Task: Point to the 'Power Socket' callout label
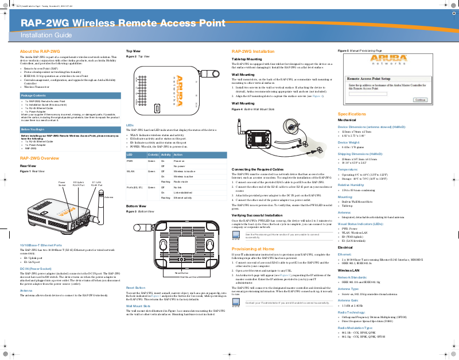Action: [62, 185]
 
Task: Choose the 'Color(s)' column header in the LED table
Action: [153, 155]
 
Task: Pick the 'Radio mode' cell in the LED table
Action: [182, 181]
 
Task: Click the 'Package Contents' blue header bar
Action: [33, 95]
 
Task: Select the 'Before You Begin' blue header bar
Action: [33, 130]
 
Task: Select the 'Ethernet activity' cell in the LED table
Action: [184, 197]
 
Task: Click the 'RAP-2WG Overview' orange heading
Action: [40, 158]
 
